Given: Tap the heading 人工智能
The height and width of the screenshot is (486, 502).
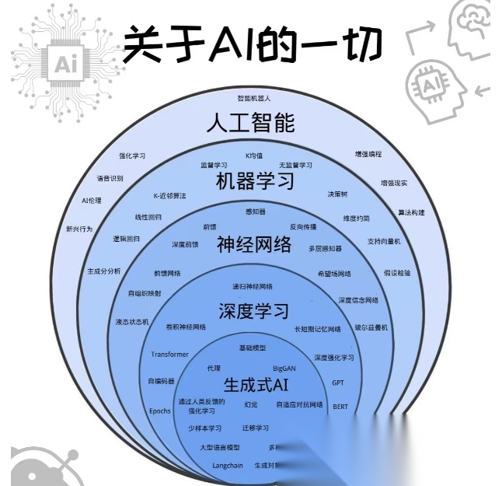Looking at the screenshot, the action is click(x=251, y=123).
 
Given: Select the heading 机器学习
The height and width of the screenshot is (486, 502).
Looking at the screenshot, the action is click(x=255, y=182).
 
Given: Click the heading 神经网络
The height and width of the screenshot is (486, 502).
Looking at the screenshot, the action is click(x=254, y=245).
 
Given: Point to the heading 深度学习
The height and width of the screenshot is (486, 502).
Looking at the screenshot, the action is click(x=253, y=310).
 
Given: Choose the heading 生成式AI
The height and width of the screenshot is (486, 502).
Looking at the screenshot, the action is click(x=256, y=384).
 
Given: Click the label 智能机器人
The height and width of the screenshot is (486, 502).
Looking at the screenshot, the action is click(x=254, y=99).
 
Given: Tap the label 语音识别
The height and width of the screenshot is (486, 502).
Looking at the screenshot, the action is click(x=110, y=178).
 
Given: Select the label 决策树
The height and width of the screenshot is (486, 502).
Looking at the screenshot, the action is click(x=337, y=194).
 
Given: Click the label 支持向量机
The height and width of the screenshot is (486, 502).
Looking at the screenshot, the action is click(x=384, y=241).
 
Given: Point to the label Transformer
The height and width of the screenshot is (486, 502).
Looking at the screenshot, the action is click(x=169, y=354).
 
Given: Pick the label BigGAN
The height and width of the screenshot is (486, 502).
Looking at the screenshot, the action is click(x=284, y=368).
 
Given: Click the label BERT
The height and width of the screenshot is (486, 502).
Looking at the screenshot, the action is click(x=340, y=406).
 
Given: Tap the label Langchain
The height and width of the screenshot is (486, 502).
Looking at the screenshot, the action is click(x=228, y=466).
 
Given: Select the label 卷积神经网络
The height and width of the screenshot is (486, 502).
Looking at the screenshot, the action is click(x=186, y=327).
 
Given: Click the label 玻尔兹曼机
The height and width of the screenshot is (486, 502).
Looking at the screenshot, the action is click(x=371, y=327).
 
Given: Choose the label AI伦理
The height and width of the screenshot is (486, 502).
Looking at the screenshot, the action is click(x=92, y=201).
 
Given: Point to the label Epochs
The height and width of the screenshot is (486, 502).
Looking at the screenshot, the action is click(x=159, y=411).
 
